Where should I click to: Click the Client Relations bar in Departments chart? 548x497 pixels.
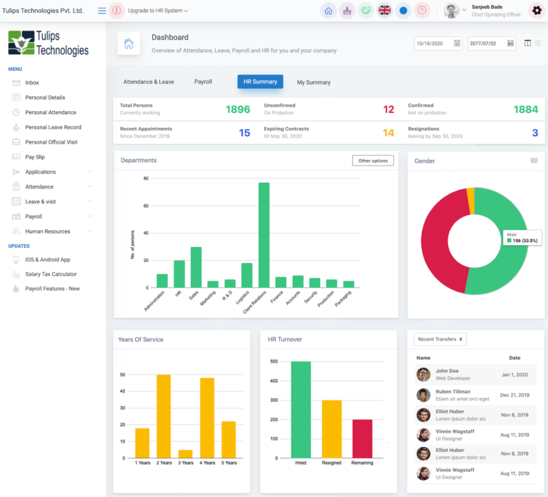click(x=264, y=235)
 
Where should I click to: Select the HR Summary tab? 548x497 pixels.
click(x=260, y=82)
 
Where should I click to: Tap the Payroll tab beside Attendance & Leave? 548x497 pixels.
click(x=203, y=82)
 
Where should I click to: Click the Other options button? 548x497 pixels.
click(x=373, y=161)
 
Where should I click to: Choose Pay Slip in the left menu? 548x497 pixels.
click(x=35, y=157)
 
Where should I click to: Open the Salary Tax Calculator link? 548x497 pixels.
click(x=51, y=274)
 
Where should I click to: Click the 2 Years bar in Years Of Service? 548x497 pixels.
click(x=164, y=416)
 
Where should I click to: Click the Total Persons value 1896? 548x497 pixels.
click(x=238, y=109)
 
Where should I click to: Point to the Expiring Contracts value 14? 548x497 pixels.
click(x=388, y=133)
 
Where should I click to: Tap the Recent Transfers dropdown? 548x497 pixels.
click(x=439, y=339)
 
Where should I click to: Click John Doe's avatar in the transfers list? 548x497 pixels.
click(x=424, y=374)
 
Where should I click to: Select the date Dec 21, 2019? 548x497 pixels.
click(x=514, y=395)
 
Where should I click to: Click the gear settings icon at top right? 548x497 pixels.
click(x=537, y=11)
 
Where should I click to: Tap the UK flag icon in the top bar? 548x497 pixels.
click(x=384, y=11)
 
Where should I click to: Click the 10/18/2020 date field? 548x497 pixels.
click(x=438, y=44)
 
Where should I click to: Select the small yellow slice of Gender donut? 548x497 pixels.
click(x=470, y=201)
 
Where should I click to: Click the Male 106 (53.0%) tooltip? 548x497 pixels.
click(x=523, y=238)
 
